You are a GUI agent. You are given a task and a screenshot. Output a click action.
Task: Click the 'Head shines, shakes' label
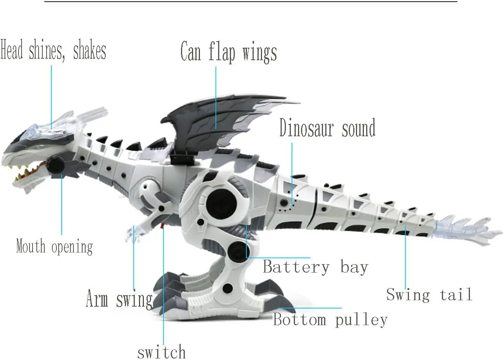(53, 51)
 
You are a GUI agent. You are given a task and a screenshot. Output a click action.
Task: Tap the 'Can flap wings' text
(228, 52)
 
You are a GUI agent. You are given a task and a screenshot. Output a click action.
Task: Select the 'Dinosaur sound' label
(327, 128)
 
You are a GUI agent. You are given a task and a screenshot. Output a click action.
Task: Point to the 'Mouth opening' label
(54, 247)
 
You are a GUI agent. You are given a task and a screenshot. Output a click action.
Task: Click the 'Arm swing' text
(119, 299)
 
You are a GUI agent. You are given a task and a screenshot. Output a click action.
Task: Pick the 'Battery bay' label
(315, 267)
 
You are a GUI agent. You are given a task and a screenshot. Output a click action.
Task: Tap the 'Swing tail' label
(429, 295)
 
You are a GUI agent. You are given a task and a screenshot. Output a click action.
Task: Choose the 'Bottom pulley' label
(330, 320)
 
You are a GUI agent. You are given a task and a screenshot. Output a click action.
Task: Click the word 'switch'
(161, 352)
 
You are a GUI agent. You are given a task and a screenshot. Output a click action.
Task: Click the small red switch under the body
(162, 226)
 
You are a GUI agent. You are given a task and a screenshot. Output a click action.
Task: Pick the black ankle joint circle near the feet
(228, 288)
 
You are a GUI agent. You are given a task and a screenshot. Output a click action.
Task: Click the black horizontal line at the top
(250, 2)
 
